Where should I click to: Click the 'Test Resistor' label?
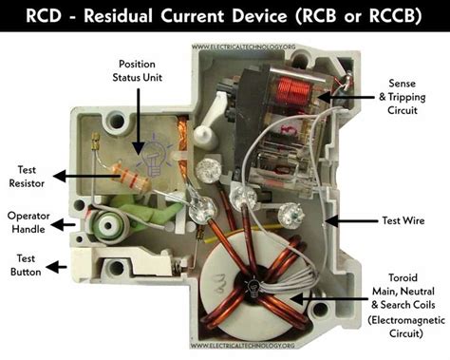point(28,175)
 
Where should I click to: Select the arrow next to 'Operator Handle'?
point(64,224)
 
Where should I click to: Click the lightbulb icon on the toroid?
point(254,286)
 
